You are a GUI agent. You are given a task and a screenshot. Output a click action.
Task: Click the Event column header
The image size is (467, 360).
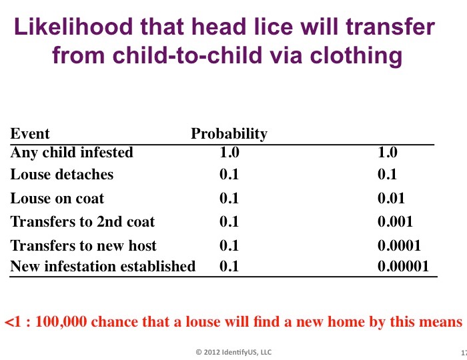[30, 133]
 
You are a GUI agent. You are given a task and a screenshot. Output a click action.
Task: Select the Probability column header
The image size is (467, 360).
[229, 134]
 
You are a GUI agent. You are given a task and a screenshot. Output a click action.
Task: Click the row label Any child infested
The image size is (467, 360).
[71, 152]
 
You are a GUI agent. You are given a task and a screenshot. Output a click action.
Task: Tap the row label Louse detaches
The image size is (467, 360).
[61, 175]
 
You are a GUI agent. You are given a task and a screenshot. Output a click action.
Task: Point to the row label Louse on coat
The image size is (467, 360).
[57, 198]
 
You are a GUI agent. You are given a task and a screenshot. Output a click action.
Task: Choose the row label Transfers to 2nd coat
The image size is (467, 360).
[83, 221]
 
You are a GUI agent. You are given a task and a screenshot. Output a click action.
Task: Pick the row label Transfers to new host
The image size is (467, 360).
[83, 245]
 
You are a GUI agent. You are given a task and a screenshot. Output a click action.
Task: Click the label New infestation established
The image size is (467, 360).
[103, 266]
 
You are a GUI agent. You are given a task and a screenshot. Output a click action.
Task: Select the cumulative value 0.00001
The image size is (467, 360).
[403, 266]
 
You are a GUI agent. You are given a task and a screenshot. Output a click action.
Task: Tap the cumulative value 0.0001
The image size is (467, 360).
[399, 245]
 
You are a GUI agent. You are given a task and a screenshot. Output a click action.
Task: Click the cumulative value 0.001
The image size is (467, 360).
[395, 221]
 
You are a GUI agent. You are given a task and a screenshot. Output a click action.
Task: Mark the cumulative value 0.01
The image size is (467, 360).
[391, 198]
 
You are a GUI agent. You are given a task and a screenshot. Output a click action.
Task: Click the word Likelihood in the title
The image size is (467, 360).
[73, 27]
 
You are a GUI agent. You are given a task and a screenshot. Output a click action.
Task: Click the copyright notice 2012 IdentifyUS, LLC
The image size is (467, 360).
[233, 352]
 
